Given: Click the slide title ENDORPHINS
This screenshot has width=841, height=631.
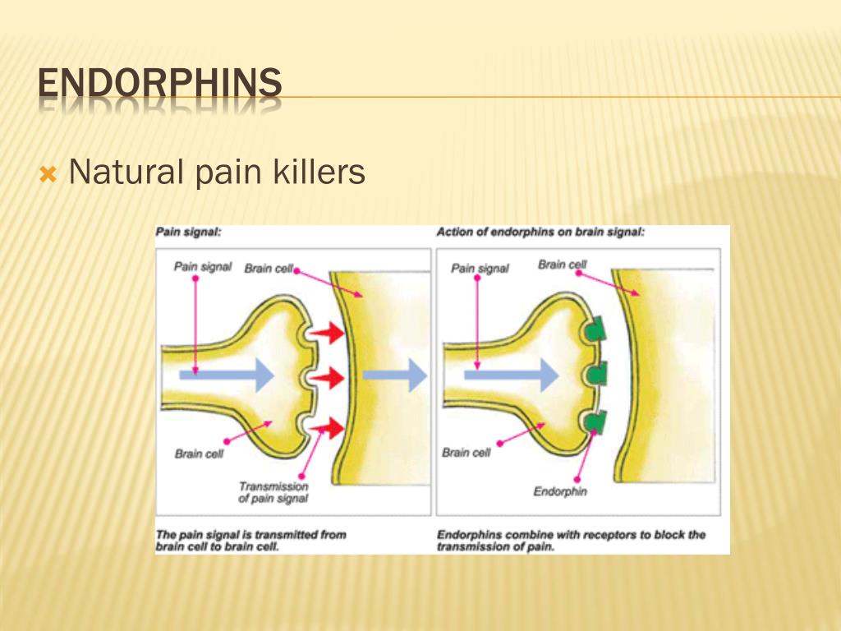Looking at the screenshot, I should (160, 85).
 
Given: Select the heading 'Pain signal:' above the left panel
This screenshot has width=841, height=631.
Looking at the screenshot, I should (188, 233).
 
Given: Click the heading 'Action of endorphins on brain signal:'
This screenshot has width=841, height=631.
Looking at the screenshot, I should (540, 233).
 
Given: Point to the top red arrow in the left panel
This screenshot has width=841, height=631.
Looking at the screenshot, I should (332, 332).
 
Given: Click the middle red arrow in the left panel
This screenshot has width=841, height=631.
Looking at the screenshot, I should (332, 378).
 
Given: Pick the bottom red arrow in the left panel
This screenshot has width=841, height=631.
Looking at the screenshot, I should (332, 426).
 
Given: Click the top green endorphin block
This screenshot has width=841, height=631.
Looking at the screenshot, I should (595, 330).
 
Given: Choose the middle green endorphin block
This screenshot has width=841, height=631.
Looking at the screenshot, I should (595, 375).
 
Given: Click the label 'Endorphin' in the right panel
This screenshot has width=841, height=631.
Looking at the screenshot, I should (561, 491).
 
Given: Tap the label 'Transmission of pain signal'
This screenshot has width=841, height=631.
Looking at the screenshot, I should (273, 492).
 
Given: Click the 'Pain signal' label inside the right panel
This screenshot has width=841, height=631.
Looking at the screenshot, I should (480, 268).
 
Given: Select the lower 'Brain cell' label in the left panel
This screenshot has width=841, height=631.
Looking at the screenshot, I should (199, 454).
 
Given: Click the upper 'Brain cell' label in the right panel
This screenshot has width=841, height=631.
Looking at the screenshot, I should (563, 265).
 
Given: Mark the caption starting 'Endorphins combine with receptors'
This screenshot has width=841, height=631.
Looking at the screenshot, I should (571, 540).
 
